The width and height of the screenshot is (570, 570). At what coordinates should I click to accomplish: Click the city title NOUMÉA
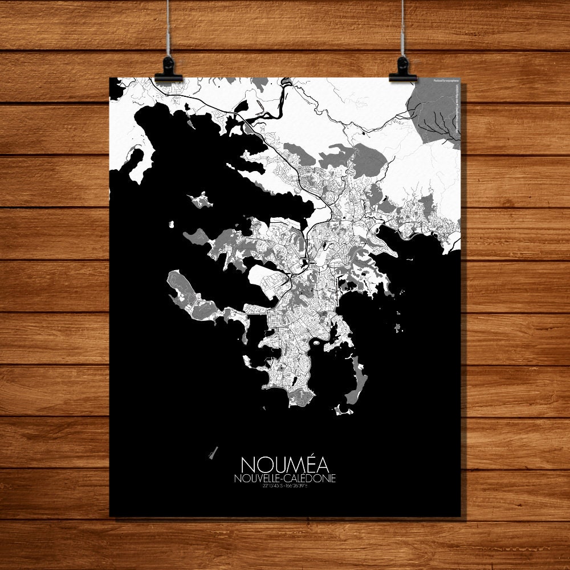284,463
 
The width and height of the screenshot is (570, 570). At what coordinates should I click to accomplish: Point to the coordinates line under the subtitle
284,486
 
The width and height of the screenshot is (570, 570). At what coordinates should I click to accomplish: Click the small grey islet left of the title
214,453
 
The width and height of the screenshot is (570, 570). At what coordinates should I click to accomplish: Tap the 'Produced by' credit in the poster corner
446,81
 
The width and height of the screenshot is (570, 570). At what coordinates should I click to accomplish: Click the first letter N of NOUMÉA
248,463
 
